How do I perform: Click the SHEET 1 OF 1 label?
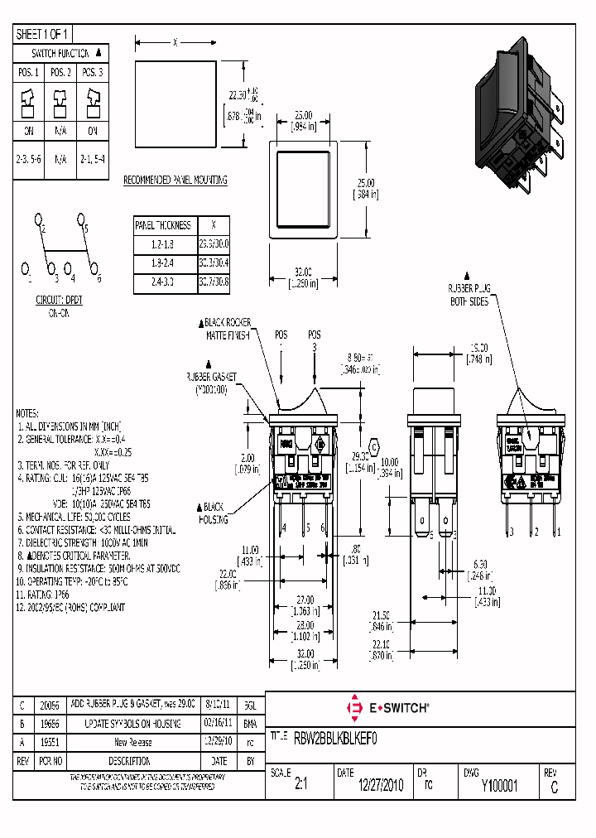(x=43, y=34)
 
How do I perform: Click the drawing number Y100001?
(x=499, y=787)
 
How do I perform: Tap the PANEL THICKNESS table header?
(x=163, y=225)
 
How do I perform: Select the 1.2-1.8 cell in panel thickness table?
(x=163, y=243)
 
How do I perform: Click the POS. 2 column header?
(x=60, y=73)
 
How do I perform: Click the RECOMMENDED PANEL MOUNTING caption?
(x=175, y=180)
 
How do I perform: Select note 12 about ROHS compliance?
(x=72, y=607)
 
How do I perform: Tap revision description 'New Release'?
(x=132, y=743)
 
